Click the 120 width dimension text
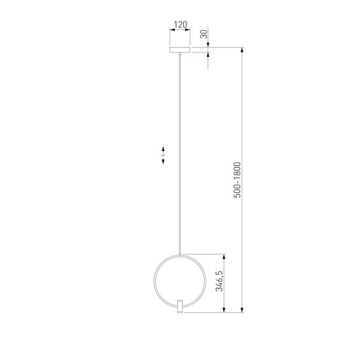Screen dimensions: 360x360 (x=179, y=26)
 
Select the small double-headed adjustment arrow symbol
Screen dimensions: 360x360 (x=162, y=156)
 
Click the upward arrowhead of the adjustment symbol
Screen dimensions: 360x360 (x=162, y=150)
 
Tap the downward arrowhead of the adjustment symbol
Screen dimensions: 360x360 (x=162, y=162)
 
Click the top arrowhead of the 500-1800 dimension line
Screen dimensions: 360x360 (x=242, y=49)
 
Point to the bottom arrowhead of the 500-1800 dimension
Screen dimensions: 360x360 (x=242, y=309)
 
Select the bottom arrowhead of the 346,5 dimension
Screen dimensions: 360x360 (x=225, y=309)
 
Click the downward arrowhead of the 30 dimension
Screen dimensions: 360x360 (x=209, y=45)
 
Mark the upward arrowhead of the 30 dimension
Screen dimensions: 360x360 (x=209, y=55)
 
